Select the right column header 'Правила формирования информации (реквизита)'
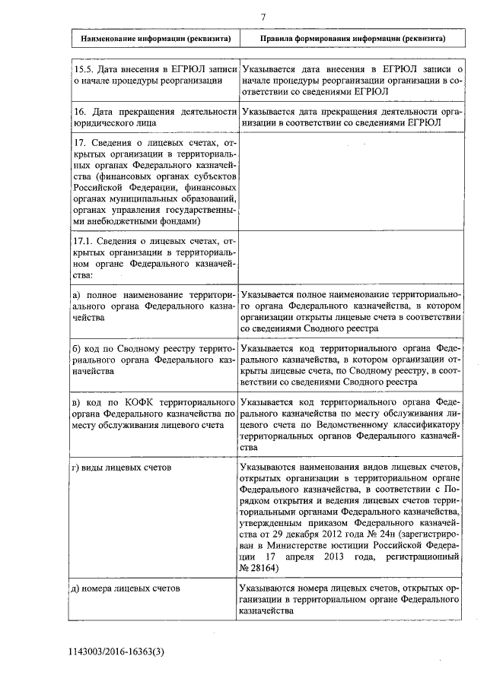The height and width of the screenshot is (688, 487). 352,38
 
